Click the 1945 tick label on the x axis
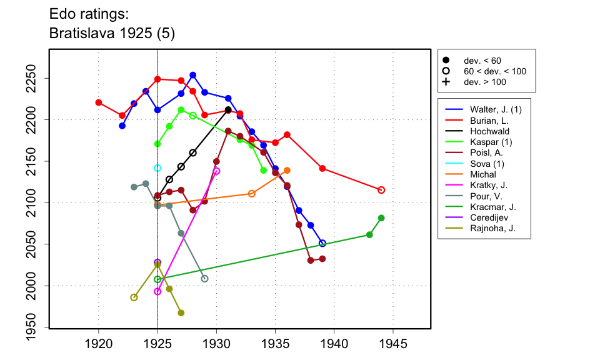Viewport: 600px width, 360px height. coord(394,344)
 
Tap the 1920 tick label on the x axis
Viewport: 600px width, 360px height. coord(99,344)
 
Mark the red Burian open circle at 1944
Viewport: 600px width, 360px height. coord(381,190)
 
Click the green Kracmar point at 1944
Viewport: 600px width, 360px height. coord(381,217)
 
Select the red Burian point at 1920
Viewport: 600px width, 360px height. coord(99,102)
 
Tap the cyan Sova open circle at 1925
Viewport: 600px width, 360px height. coord(157,168)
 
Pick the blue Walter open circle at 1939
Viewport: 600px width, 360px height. coord(322,243)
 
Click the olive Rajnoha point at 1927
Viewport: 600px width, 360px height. coord(181,312)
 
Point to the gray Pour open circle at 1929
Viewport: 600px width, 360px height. coord(205,279)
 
